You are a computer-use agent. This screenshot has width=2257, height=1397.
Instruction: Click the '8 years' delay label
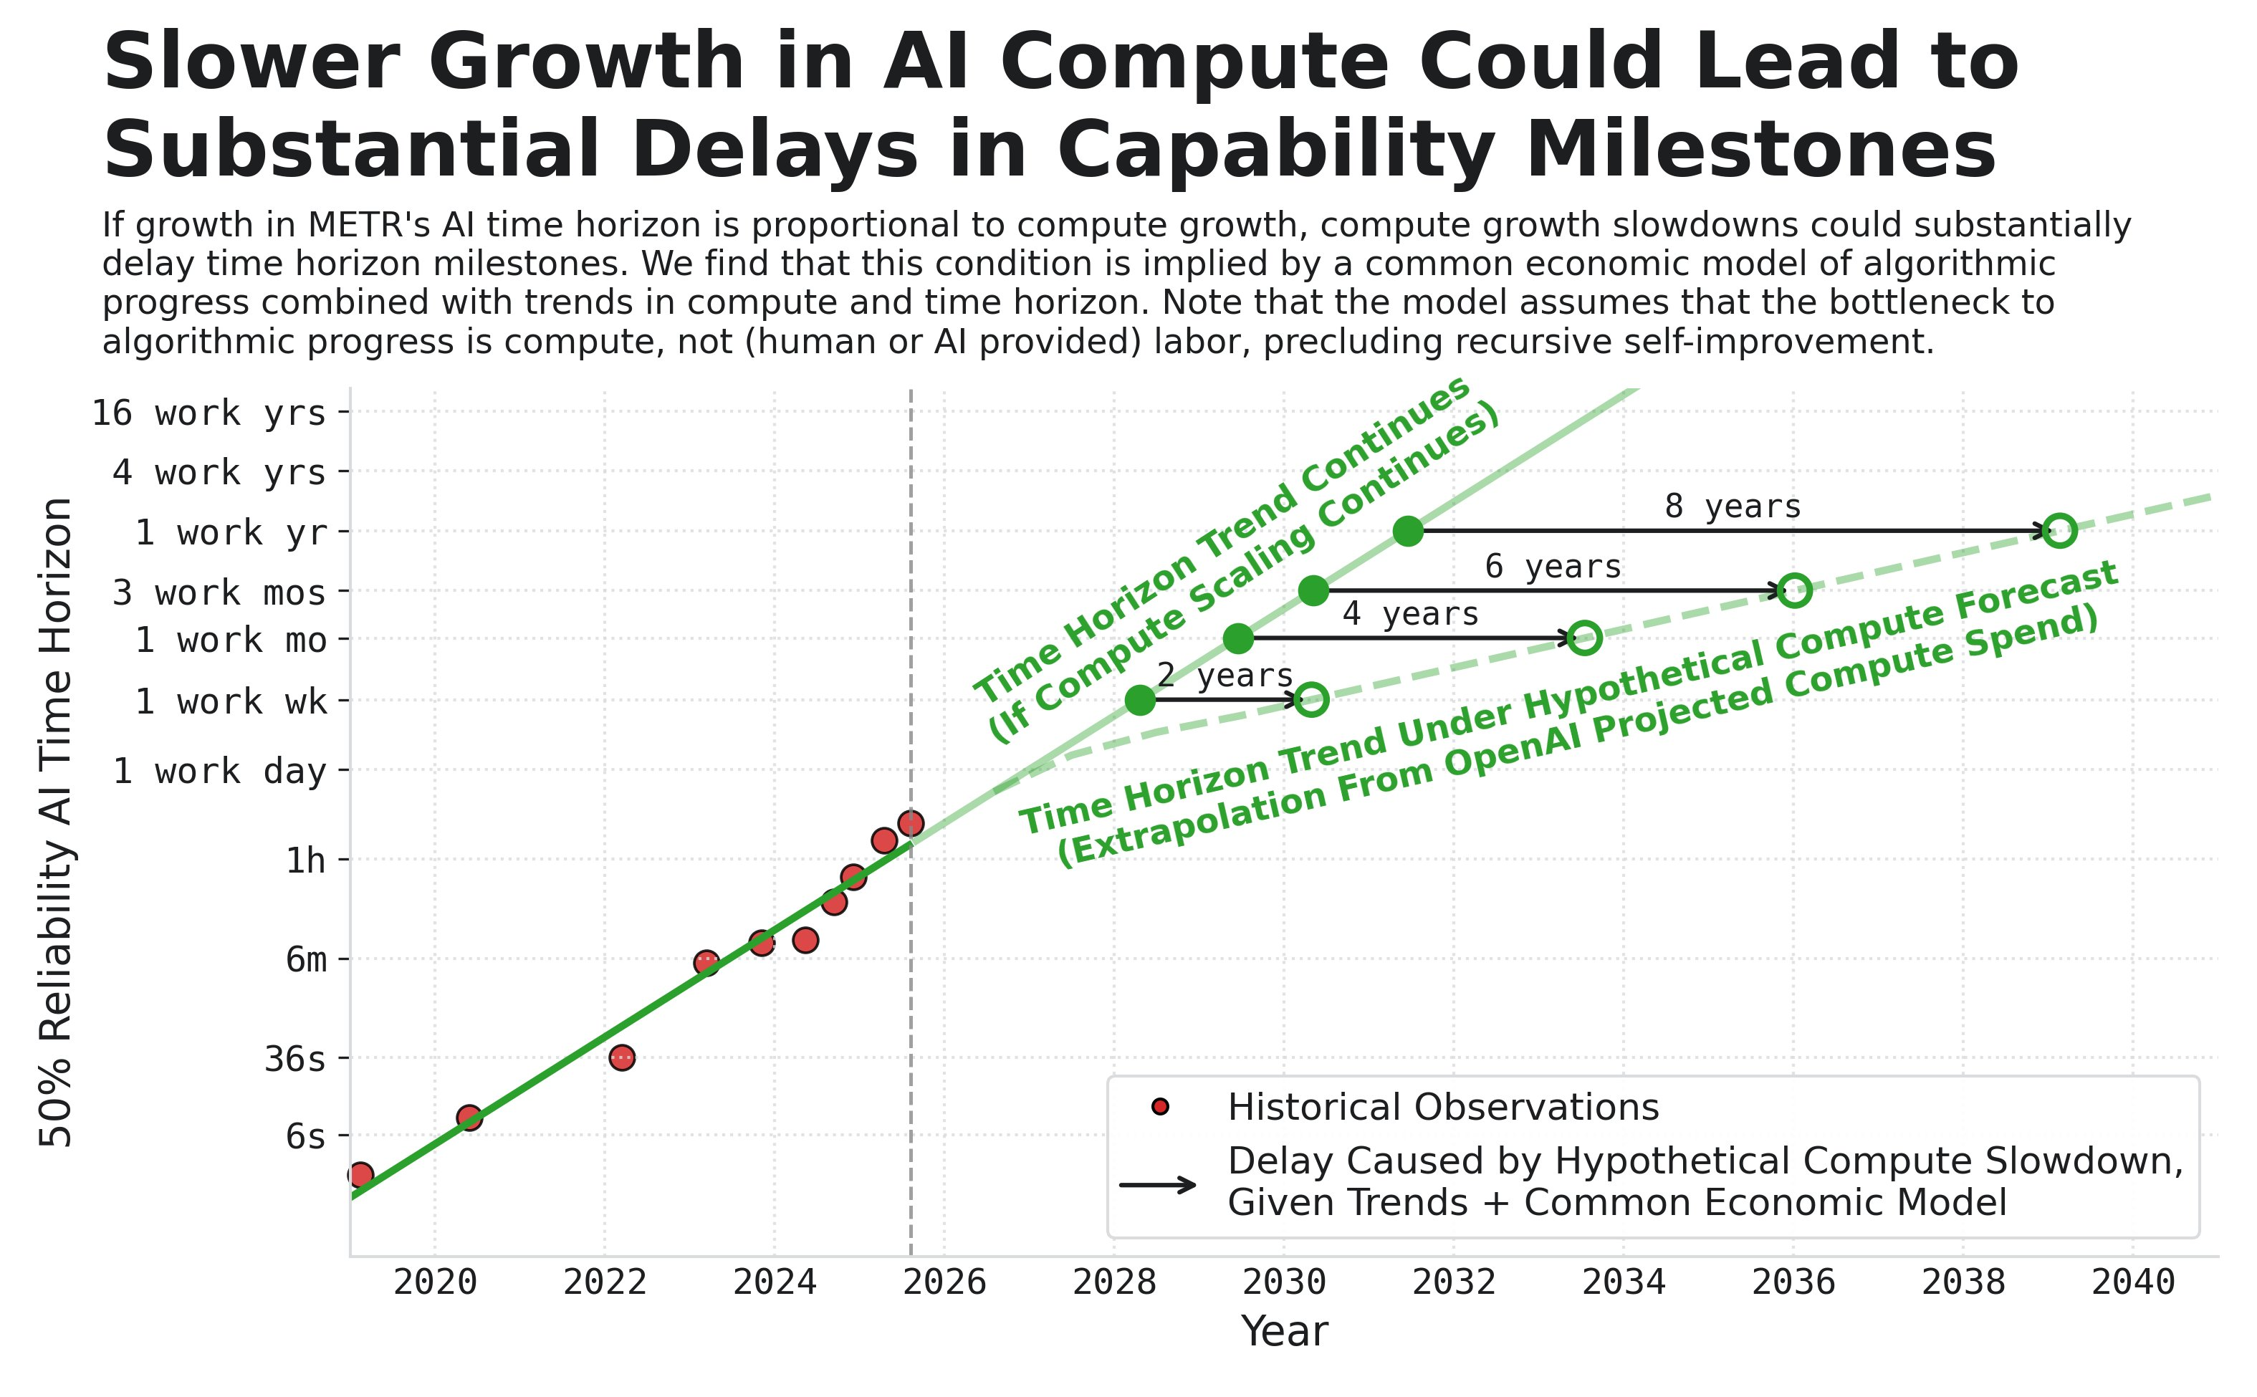point(1733,507)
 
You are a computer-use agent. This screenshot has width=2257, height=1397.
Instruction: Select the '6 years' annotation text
point(1552,567)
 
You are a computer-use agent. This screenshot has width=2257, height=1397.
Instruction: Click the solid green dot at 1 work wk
point(1140,701)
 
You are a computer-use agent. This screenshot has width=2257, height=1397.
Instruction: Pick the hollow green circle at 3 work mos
point(1794,590)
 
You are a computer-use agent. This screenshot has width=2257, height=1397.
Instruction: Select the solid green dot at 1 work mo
point(1238,638)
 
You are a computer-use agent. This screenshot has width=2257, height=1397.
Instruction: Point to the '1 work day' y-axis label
point(220,771)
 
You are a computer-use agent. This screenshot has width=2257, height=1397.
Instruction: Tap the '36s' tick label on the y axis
point(294,1059)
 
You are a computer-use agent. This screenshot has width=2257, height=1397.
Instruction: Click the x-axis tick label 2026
point(944,1282)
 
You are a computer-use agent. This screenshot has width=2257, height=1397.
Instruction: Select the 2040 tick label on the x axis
point(2132,1282)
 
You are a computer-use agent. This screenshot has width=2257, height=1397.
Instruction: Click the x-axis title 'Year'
point(1284,1331)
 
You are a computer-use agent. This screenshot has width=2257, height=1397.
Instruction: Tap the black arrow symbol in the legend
point(1159,1184)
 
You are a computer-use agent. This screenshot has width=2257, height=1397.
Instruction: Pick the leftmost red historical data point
point(360,1175)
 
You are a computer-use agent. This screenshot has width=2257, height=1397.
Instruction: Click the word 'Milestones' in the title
point(1760,150)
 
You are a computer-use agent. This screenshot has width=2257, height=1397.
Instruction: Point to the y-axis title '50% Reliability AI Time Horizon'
point(57,822)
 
